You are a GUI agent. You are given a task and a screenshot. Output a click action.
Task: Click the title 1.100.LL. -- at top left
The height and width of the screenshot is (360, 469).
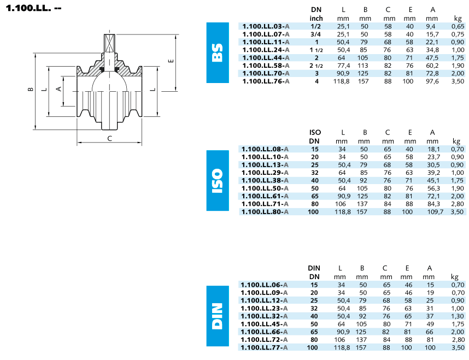33,8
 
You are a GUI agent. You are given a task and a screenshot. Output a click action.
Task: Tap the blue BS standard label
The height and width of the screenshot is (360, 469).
218,52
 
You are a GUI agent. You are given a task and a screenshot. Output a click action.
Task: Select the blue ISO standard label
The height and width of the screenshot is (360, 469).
218,181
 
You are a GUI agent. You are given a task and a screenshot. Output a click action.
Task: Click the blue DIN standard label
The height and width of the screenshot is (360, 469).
218,316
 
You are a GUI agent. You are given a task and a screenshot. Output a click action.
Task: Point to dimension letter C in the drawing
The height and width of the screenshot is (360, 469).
110,138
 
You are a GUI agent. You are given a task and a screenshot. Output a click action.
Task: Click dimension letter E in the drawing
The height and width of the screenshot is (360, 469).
171,61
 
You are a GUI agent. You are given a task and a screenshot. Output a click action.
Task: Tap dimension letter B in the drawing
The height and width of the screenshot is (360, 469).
31,89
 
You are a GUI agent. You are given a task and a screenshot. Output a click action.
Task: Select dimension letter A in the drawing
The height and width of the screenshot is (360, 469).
59,89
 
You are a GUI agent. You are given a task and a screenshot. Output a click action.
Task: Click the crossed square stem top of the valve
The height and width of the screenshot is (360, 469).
109,44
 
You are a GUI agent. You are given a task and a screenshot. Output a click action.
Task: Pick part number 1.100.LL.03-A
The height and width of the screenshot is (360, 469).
266,26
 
